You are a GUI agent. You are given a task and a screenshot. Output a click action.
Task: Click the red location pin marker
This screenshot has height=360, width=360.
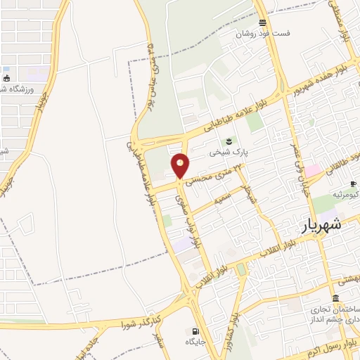coord(181,167)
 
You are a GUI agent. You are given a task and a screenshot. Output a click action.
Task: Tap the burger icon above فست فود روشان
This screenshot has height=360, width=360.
coord(262,22)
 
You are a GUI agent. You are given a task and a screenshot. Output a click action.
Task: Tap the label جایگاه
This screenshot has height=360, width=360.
coord(194,342)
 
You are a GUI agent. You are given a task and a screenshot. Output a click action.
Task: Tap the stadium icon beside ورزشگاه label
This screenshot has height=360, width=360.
coord(6,78)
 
